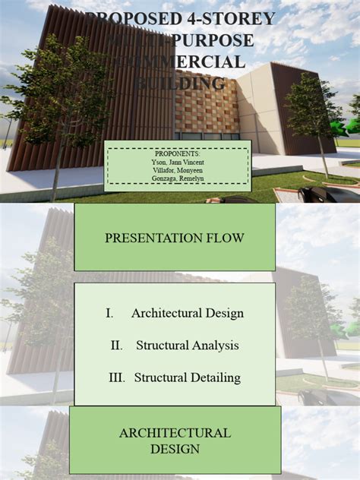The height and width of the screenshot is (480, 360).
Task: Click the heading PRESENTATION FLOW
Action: [x=175, y=238]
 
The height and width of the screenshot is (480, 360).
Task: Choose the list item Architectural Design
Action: [x=188, y=313]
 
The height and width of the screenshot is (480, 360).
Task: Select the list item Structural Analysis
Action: [x=188, y=346]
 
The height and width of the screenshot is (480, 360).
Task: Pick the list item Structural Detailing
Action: [x=188, y=377]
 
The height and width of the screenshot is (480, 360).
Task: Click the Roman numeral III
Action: [x=118, y=377]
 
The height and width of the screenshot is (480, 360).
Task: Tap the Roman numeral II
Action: [x=116, y=346]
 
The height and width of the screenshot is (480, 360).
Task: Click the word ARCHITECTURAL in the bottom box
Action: [x=175, y=433]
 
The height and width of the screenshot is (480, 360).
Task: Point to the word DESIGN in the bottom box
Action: [x=175, y=449]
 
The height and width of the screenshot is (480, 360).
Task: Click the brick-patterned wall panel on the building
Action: [x=207, y=106]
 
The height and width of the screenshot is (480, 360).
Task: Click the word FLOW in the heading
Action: [x=226, y=238]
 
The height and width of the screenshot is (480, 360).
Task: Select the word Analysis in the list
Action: [x=215, y=346]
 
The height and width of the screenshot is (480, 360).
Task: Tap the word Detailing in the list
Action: [x=213, y=377]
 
